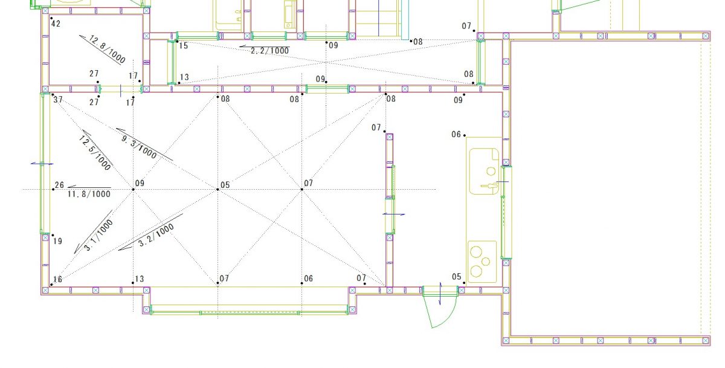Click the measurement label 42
(56, 24)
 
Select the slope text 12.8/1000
(107, 49)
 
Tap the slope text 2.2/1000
(269, 51)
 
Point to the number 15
(184, 46)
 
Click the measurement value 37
(58, 100)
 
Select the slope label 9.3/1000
(139, 147)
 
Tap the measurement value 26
(60, 185)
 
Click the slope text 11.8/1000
(89, 194)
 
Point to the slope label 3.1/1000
(98, 235)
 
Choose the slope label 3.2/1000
(156, 235)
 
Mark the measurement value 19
(57, 241)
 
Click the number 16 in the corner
(57, 279)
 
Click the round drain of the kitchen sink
(491, 171)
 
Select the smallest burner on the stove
(486, 261)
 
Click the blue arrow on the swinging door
(440, 294)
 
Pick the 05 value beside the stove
(456, 277)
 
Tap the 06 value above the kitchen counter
(456, 134)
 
